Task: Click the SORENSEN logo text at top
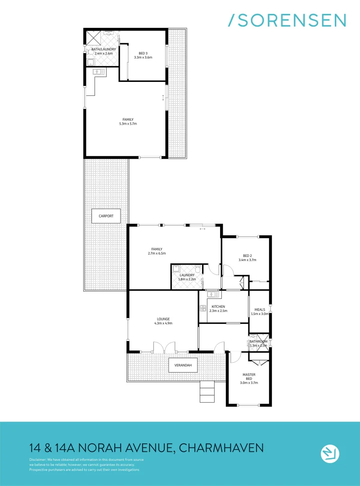point(288,20)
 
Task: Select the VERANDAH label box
point(183,365)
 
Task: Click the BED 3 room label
point(143,54)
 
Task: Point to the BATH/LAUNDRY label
point(103,49)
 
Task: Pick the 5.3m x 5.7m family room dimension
point(127,123)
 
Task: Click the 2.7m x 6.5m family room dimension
point(157,253)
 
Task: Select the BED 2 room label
point(248,256)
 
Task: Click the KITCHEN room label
point(218,307)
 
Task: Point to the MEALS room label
point(260,310)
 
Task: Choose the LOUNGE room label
point(163,319)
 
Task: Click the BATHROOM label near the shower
point(259,342)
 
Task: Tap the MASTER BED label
point(249,374)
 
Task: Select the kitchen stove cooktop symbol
point(202,308)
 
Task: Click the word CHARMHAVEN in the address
point(221,448)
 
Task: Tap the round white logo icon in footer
point(330,453)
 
